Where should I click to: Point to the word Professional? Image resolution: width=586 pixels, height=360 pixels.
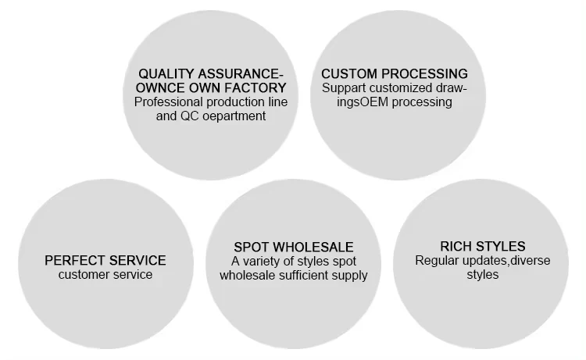(x=171, y=102)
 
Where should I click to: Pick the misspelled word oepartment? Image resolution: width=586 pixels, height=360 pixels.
(x=238, y=116)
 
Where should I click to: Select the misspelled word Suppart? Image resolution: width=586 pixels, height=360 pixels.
(x=343, y=88)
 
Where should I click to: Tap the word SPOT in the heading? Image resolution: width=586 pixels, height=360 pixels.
(x=252, y=247)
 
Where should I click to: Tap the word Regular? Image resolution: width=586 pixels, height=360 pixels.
(x=438, y=261)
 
